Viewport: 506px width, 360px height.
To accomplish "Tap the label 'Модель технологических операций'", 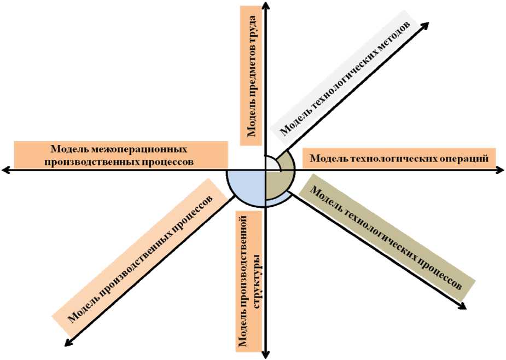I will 399,159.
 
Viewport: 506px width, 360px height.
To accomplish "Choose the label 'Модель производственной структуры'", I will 248,280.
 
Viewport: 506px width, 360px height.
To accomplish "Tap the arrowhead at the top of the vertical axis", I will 265,4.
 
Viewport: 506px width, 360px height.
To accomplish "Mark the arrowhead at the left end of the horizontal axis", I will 5,171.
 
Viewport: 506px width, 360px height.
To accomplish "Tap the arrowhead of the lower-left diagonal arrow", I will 68,342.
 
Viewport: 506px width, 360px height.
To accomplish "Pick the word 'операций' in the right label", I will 466,159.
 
